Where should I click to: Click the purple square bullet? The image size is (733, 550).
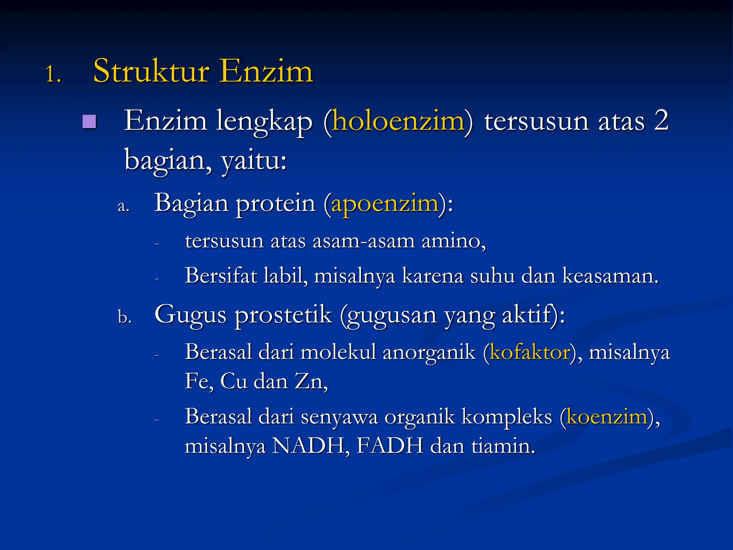click(89, 122)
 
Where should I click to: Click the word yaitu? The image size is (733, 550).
click(254, 160)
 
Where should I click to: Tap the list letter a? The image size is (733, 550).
click(123, 206)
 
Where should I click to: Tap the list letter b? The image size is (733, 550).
click(125, 317)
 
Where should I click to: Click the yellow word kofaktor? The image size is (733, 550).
click(530, 352)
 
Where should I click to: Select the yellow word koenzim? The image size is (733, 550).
click(607, 417)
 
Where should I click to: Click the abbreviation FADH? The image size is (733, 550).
click(390, 446)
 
